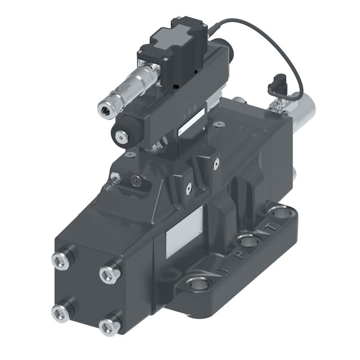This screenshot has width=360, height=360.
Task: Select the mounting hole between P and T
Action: click(247, 242)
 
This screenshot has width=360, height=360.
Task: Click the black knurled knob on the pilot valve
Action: click(120, 134)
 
